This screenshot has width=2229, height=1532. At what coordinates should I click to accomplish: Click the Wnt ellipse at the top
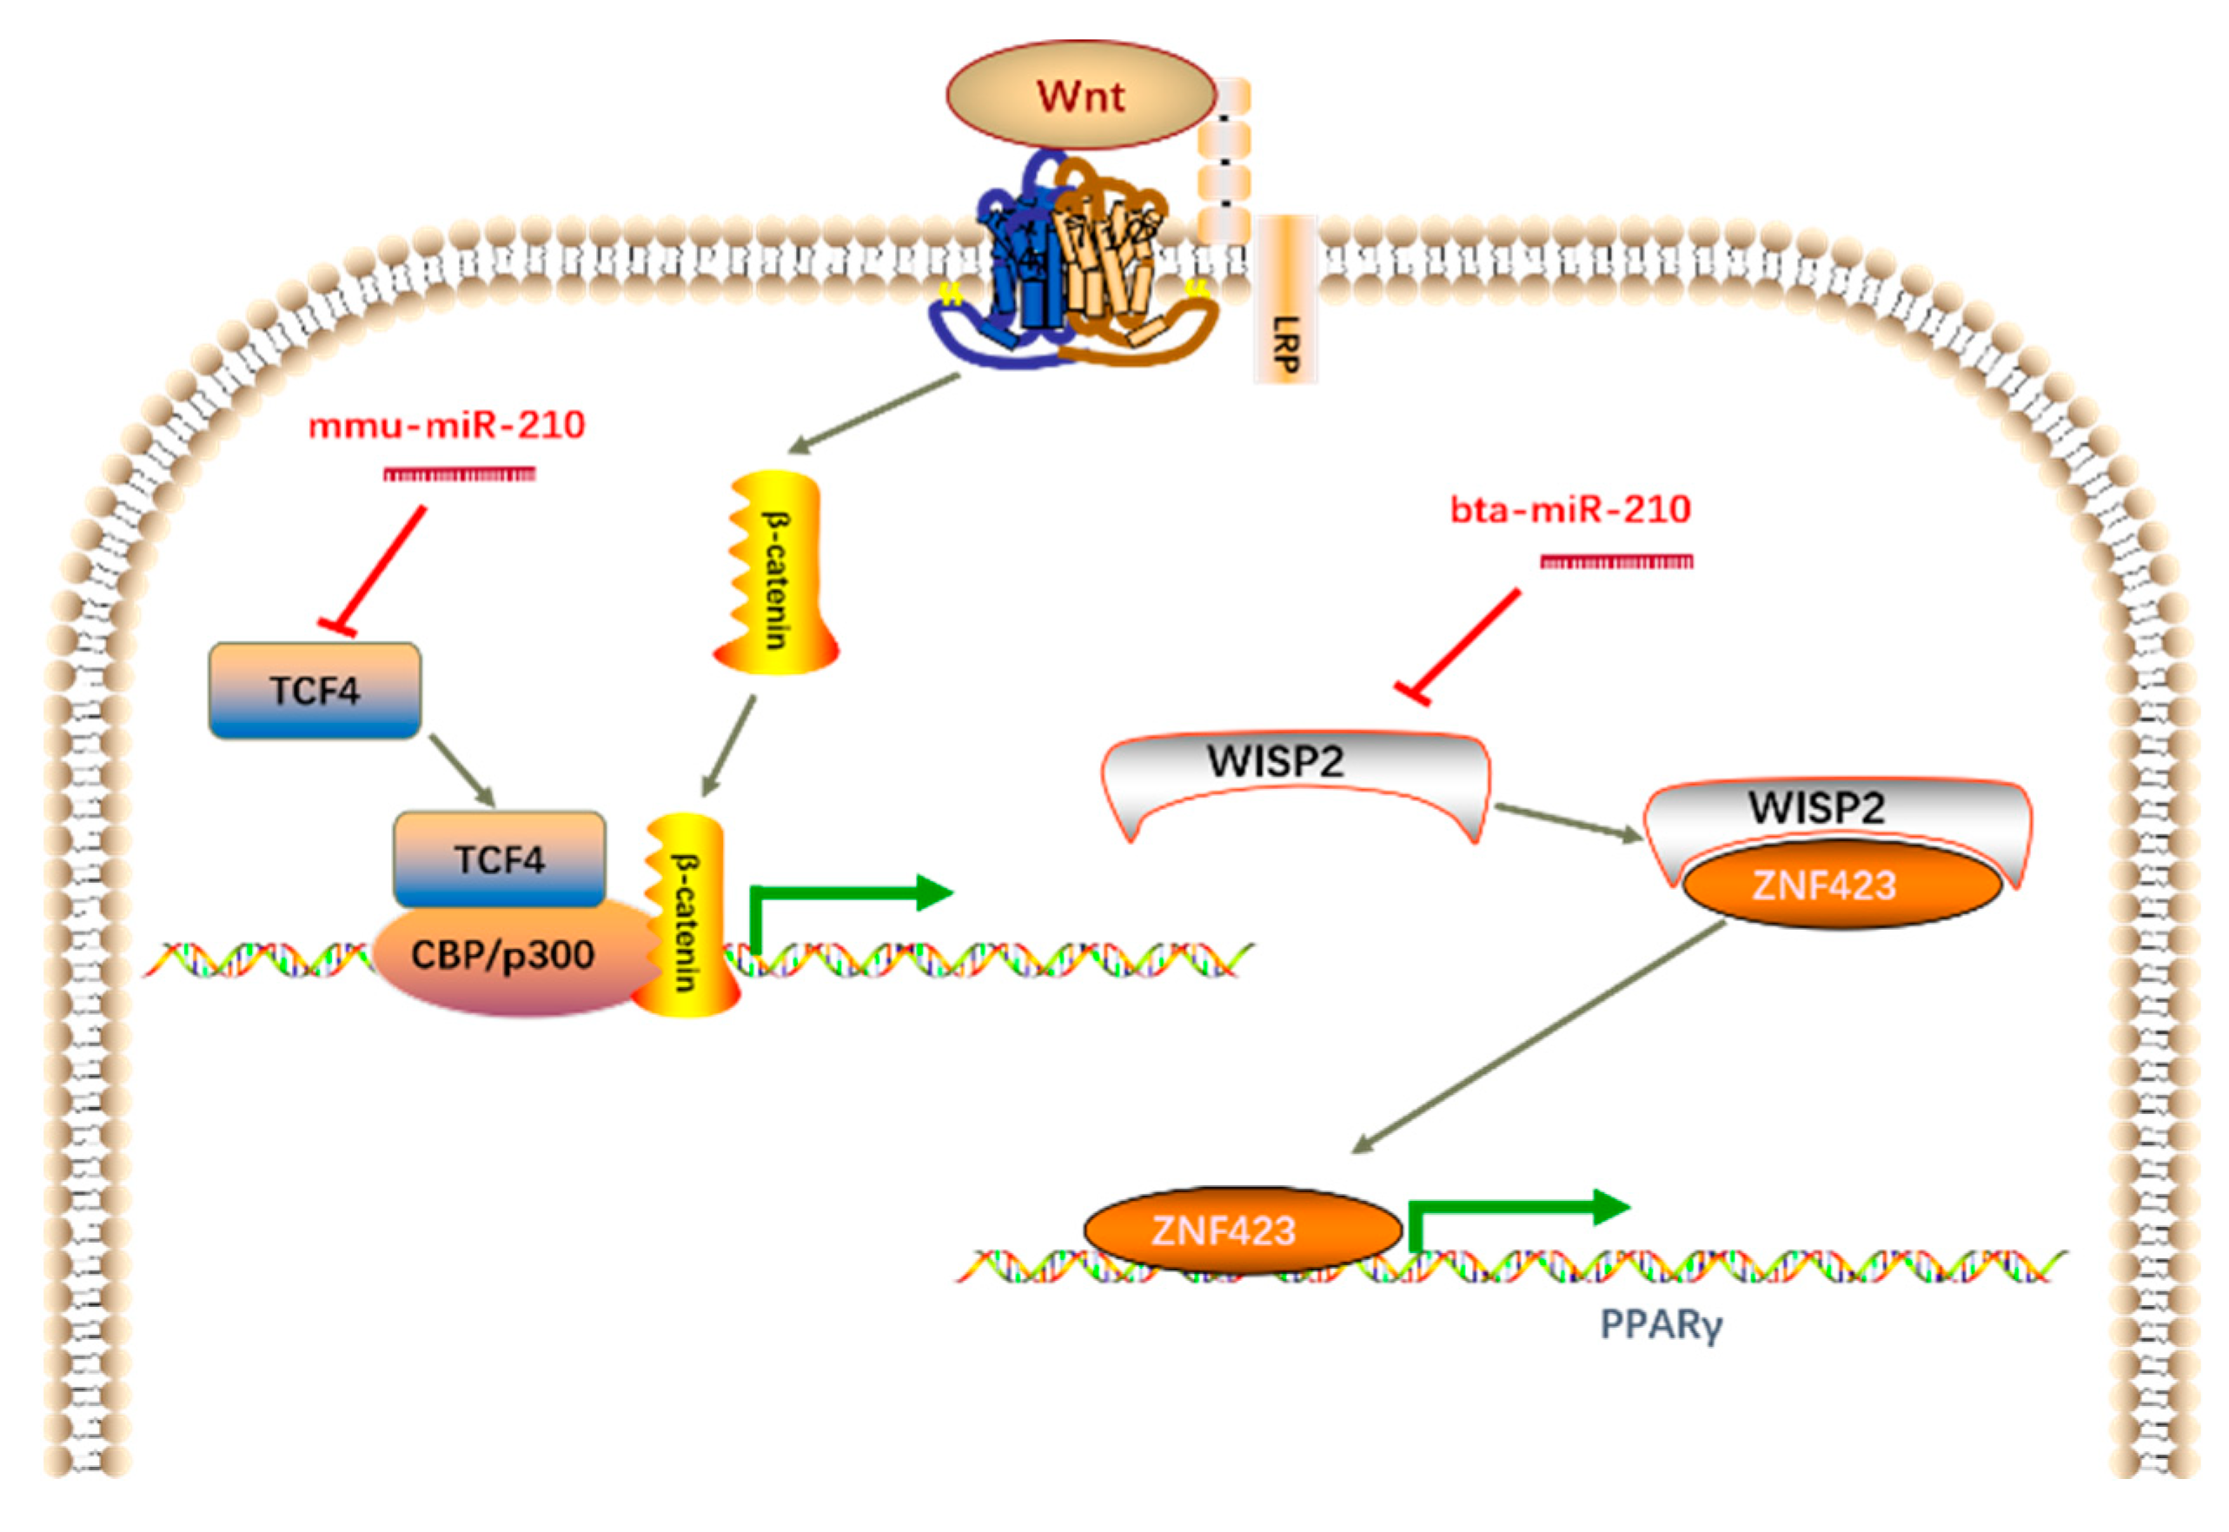point(1081,95)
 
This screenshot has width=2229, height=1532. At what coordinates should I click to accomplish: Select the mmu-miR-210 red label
point(447,425)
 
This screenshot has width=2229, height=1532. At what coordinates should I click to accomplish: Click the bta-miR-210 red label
point(1569,508)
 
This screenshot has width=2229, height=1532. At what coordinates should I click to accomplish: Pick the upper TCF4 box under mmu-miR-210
point(315,690)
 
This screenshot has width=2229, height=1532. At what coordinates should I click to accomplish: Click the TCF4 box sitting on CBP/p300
point(499,859)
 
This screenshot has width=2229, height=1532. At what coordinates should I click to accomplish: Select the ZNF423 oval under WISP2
point(1824,885)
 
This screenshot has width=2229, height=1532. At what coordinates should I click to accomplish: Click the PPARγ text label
point(1661,1324)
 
